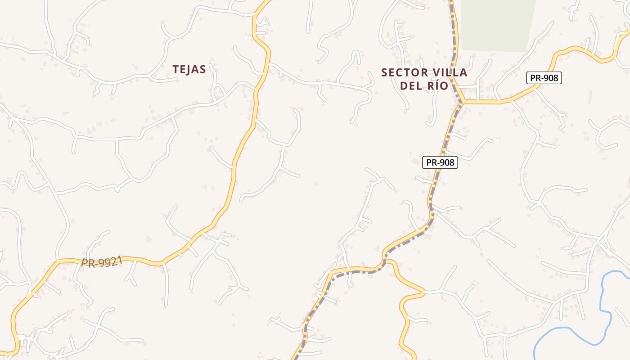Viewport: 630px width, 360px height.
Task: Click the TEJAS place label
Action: pos(189,69)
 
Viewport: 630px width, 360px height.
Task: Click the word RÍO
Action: pos(436,86)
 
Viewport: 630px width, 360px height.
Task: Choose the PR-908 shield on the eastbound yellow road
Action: pos(544,78)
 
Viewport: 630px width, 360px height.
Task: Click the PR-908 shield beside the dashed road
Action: pos(440,162)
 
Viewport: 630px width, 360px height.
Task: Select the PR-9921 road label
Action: pos(102,262)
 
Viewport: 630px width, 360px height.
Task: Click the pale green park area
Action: pos(497,25)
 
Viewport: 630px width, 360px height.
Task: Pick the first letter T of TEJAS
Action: pos(175,69)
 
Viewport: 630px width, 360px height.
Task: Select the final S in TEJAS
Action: pos(203,69)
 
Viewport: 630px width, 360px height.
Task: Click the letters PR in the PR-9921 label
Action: pos(87,263)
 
